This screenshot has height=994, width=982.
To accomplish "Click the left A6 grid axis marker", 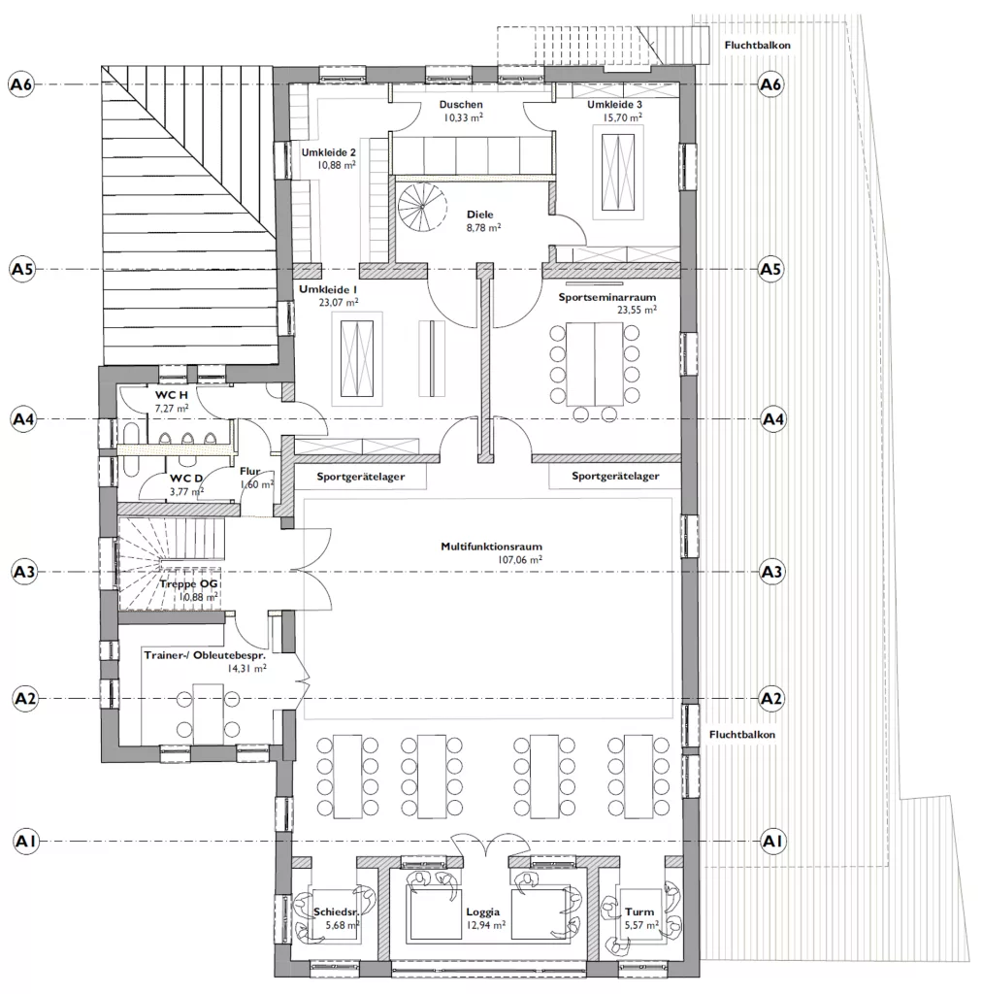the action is coord(21,84).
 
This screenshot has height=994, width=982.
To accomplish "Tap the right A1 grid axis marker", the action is coord(771,842).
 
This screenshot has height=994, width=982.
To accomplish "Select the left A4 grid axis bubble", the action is coord(23,419).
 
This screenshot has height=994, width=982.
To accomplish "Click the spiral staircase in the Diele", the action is coord(421,207).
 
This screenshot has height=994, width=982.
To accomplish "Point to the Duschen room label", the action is coord(461,105).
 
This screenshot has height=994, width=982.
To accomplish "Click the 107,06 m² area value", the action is coord(520,560).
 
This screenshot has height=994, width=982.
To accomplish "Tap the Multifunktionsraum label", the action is coord(492,547).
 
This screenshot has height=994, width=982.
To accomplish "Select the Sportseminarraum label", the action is coord(606,297).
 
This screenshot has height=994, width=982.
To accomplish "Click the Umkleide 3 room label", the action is coord(614,105).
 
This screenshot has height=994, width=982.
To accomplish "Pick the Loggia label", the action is coord(483,912).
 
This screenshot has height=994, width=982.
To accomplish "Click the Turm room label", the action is coord(639,912).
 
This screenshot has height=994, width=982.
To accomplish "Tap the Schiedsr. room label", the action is coord(337,912).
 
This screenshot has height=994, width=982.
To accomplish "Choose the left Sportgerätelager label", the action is coord(361,477).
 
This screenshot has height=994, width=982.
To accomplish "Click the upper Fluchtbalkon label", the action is coord(757,46).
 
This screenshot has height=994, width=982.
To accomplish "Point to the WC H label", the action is coord(171,395).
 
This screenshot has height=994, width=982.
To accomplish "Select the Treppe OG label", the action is coord(189,583).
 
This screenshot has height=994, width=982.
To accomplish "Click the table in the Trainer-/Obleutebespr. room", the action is coord(208,713).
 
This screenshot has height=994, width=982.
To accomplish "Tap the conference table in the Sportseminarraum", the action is coord(594,364).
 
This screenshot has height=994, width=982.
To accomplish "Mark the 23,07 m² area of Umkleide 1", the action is coord(339,303).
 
